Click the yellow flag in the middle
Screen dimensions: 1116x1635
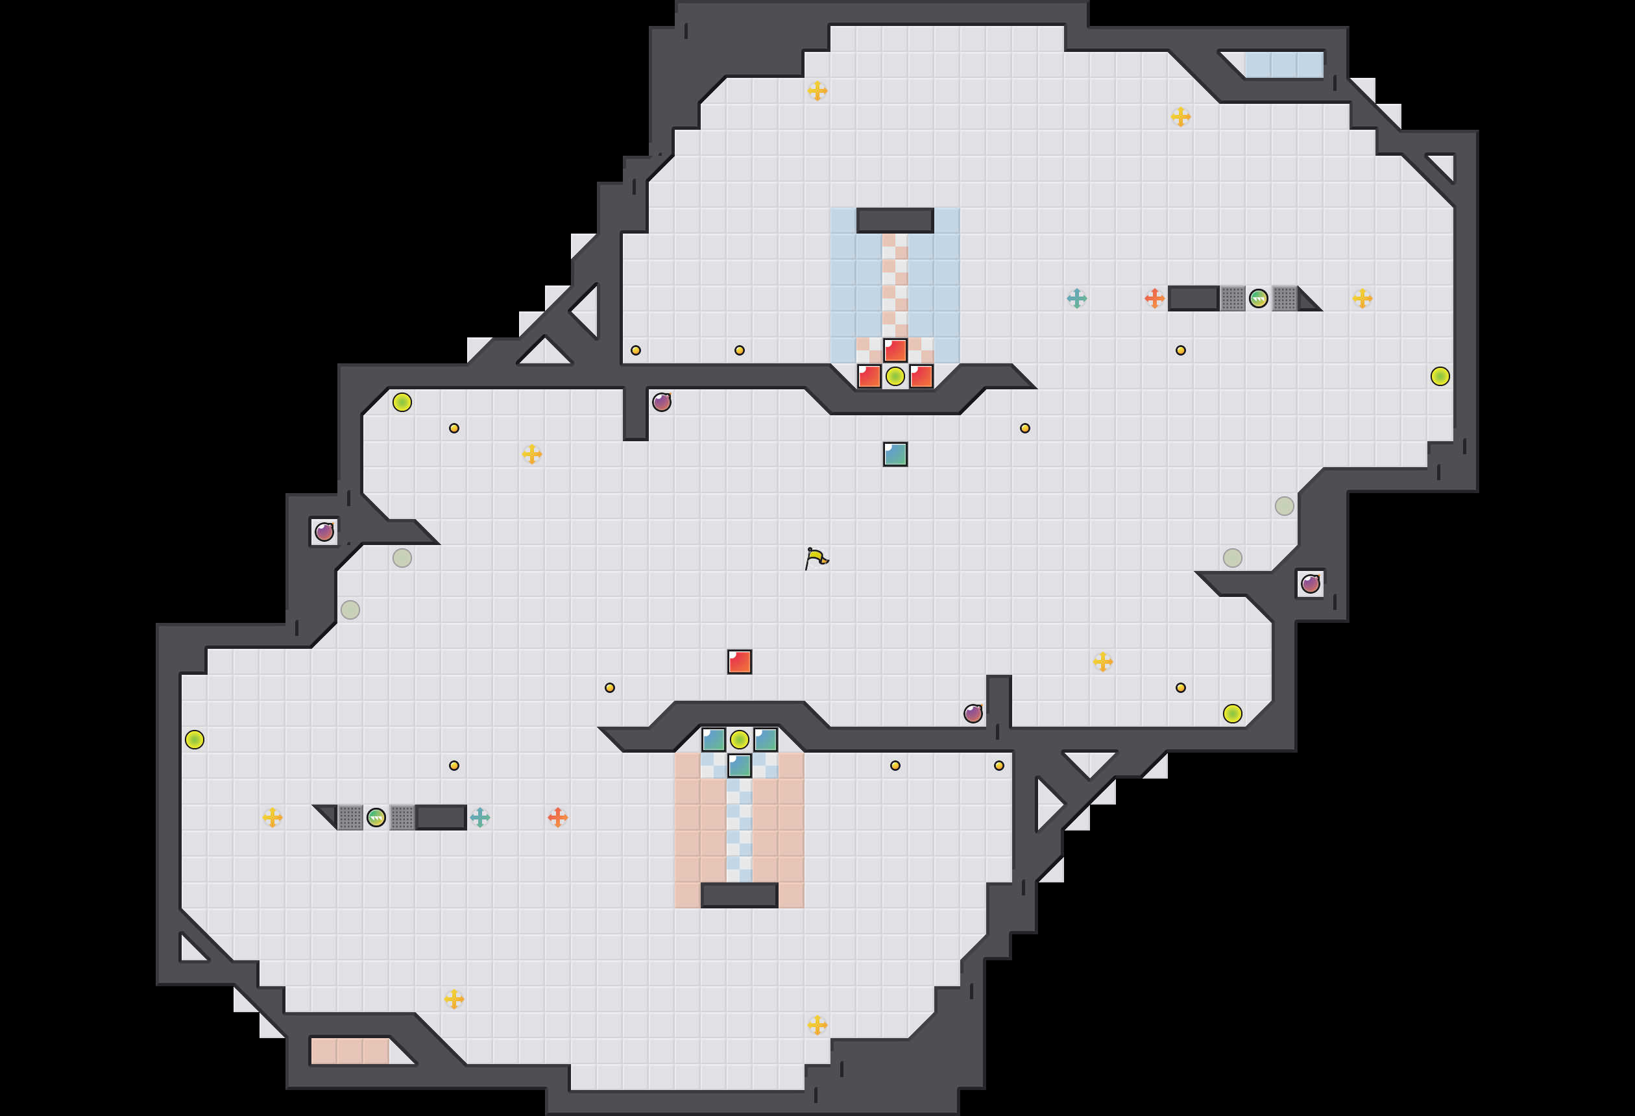tap(816, 559)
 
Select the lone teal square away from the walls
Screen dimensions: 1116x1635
tap(895, 454)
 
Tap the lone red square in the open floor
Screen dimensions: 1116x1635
tap(740, 661)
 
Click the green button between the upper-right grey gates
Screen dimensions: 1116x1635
tap(1259, 298)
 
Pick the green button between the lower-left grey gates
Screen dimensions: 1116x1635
tap(376, 818)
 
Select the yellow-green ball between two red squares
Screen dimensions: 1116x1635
tap(895, 376)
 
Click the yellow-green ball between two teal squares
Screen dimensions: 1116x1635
tap(740, 740)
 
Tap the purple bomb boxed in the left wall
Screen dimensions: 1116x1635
tap(324, 532)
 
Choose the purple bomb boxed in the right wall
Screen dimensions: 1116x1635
tap(1310, 584)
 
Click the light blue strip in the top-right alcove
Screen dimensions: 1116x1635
tap(1284, 65)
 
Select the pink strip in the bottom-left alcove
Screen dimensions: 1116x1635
tap(350, 1051)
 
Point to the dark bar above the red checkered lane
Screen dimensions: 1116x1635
tap(895, 220)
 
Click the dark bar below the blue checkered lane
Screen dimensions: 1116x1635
tap(740, 895)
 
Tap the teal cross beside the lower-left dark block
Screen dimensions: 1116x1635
tap(480, 818)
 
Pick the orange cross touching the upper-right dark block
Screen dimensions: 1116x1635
tap(1154, 298)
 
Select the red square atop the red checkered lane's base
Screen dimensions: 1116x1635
tap(895, 350)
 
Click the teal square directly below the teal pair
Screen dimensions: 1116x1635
tap(740, 766)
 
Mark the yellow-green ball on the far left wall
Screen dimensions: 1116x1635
tap(195, 740)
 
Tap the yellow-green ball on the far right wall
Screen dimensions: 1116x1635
tap(1440, 376)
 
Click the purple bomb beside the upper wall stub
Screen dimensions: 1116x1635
tap(661, 402)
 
